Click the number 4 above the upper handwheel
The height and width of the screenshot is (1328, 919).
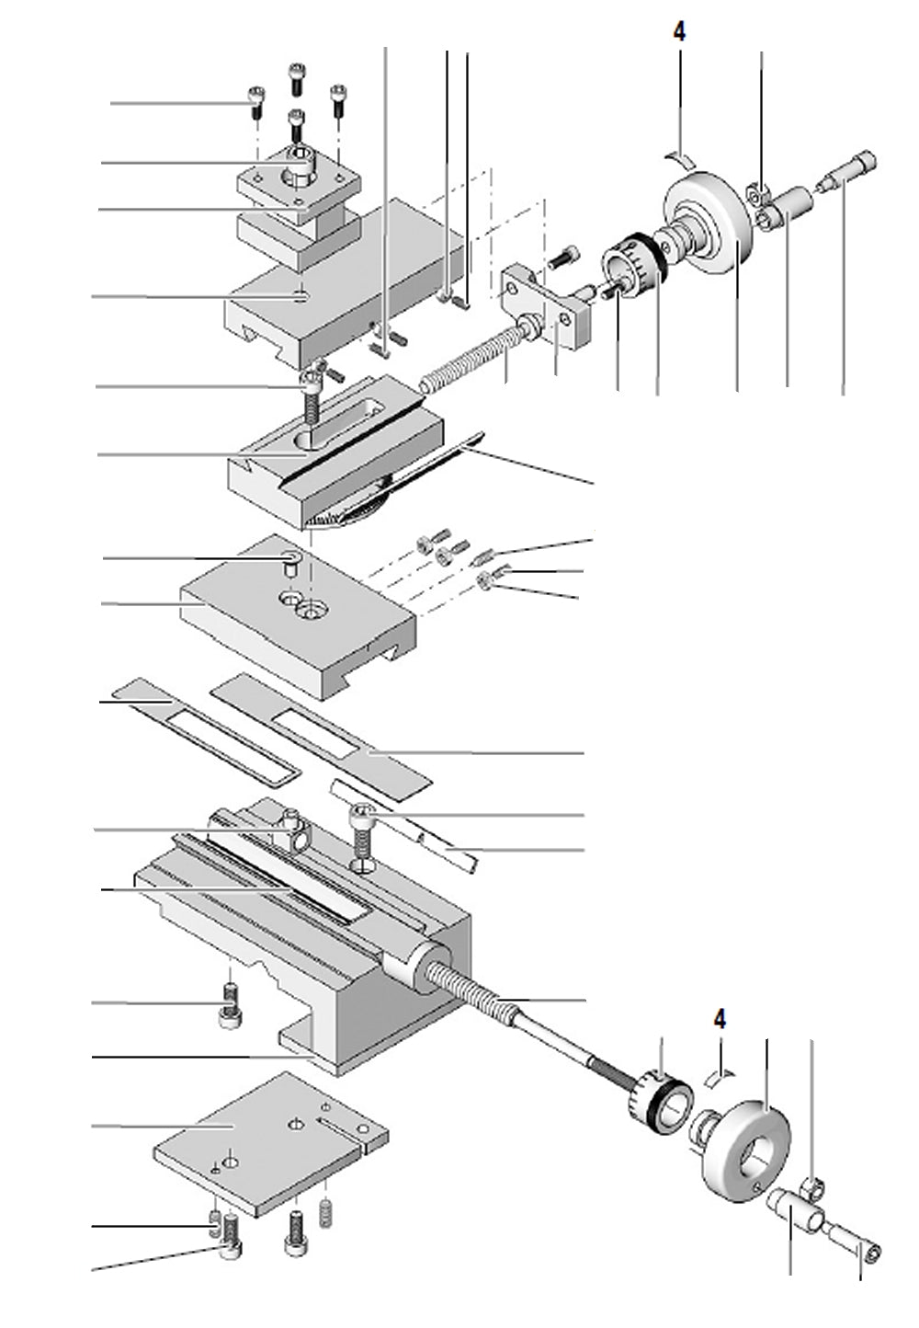pyautogui.click(x=679, y=32)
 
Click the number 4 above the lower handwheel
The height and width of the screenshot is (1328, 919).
pyautogui.click(x=720, y=1019)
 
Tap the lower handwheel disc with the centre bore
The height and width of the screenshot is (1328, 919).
pyautogui.click(x=746, y=1139)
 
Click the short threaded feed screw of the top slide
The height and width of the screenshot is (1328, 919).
pyautogui.click(x=469, y=358)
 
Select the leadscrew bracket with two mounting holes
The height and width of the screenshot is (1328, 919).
pyautogui.click(x=547, y=303)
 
